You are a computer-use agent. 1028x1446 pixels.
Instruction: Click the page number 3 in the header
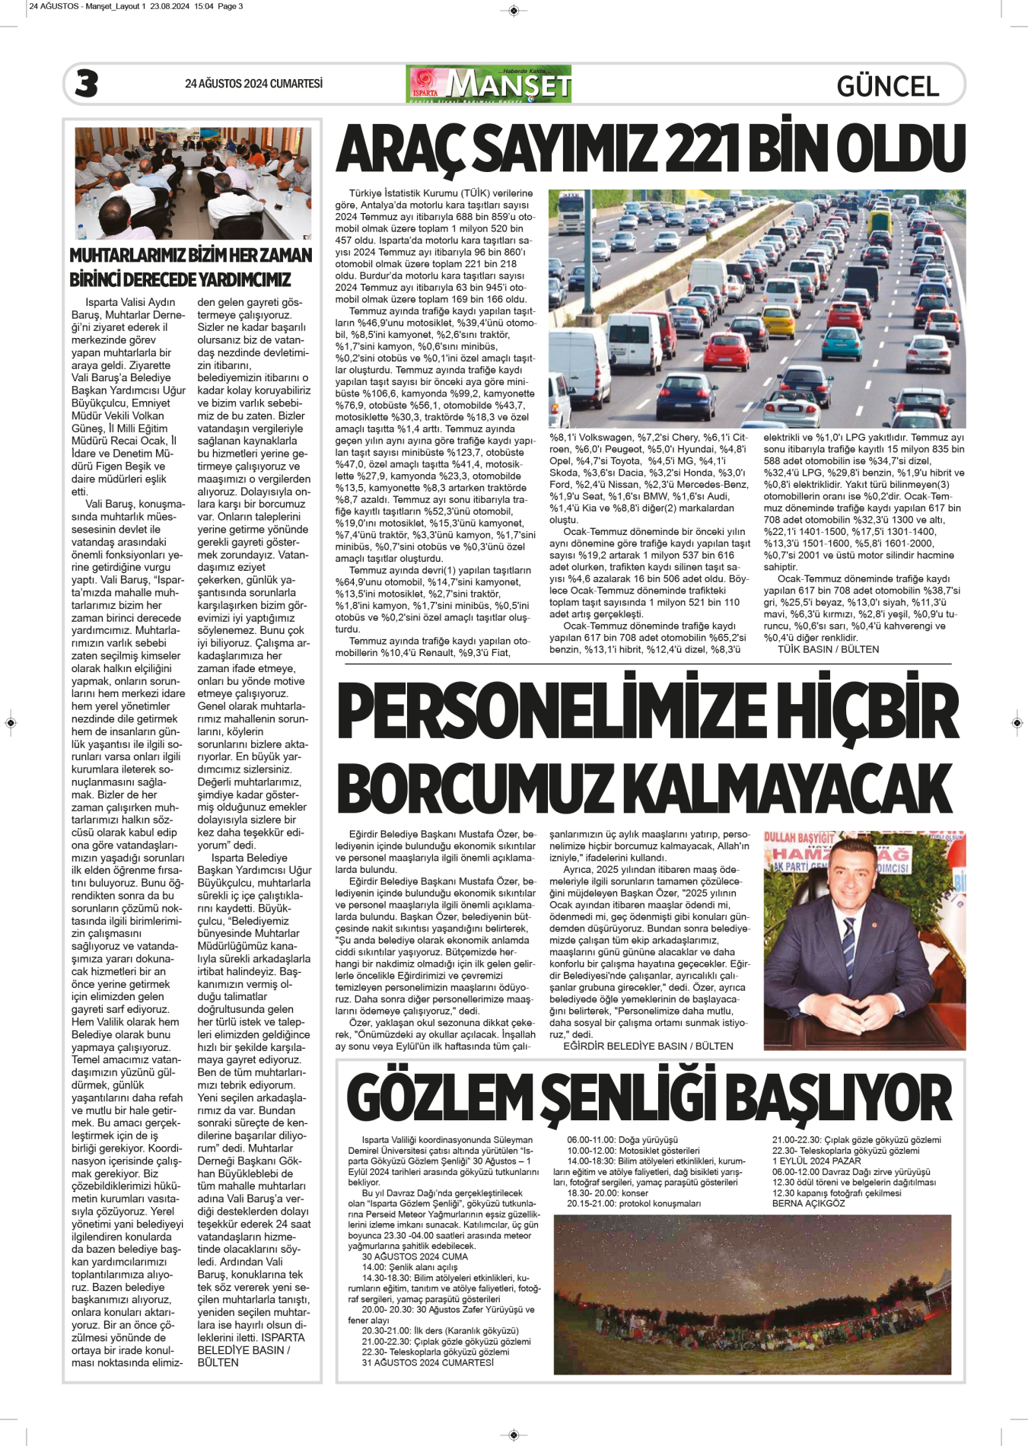coord(87,84)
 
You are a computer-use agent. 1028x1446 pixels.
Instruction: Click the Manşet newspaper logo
coord(489,84)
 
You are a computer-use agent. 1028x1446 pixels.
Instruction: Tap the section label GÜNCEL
coord(887,86)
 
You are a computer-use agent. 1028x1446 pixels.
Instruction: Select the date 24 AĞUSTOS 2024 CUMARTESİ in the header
coord(253,84)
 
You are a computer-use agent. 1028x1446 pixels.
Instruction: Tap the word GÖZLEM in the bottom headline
coord(440,1098)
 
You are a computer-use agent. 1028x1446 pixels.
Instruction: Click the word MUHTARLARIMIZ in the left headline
coord(132,256)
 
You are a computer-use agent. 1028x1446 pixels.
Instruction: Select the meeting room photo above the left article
coord(193,183)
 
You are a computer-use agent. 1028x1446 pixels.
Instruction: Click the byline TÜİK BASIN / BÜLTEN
coord(828,649)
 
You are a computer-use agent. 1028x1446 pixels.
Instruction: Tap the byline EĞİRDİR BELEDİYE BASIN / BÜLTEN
coord(648,1046)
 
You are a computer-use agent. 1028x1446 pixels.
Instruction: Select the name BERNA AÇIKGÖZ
coord(808,1203)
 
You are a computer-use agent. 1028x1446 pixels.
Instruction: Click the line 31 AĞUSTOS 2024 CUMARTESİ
coord(428,1362)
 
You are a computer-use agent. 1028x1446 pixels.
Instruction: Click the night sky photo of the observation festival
coord(752,1294)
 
